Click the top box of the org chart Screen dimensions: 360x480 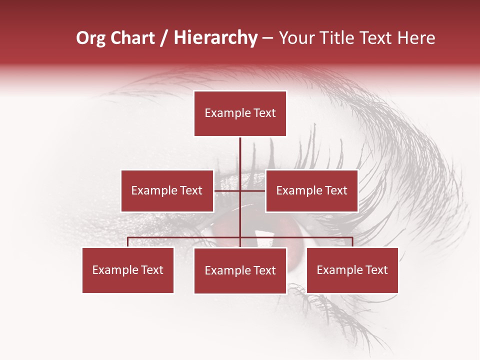[240, 113]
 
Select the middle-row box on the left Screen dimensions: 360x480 [167, 190]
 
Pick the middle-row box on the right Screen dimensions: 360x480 [311, 190]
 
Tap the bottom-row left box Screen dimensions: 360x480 [128, 270]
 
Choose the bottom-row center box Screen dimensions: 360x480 [240, 270]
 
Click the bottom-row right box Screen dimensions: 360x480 [352, 270]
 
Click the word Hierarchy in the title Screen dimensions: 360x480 [215, 38]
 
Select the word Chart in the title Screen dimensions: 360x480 [132, 38]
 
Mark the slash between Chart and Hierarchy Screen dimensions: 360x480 [164, 38]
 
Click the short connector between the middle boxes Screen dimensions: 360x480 [227, 190]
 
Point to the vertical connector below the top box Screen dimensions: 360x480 [240, 155]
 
